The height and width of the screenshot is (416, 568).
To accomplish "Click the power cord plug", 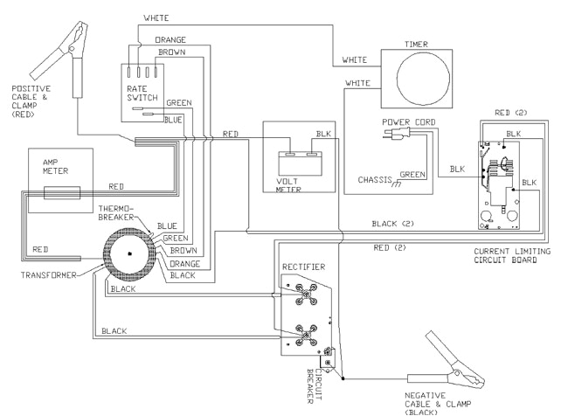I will click(391, 134).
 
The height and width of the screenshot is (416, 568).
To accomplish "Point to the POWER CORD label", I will click(408, 121).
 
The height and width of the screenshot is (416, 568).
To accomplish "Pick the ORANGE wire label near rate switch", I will click(170, 40).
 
